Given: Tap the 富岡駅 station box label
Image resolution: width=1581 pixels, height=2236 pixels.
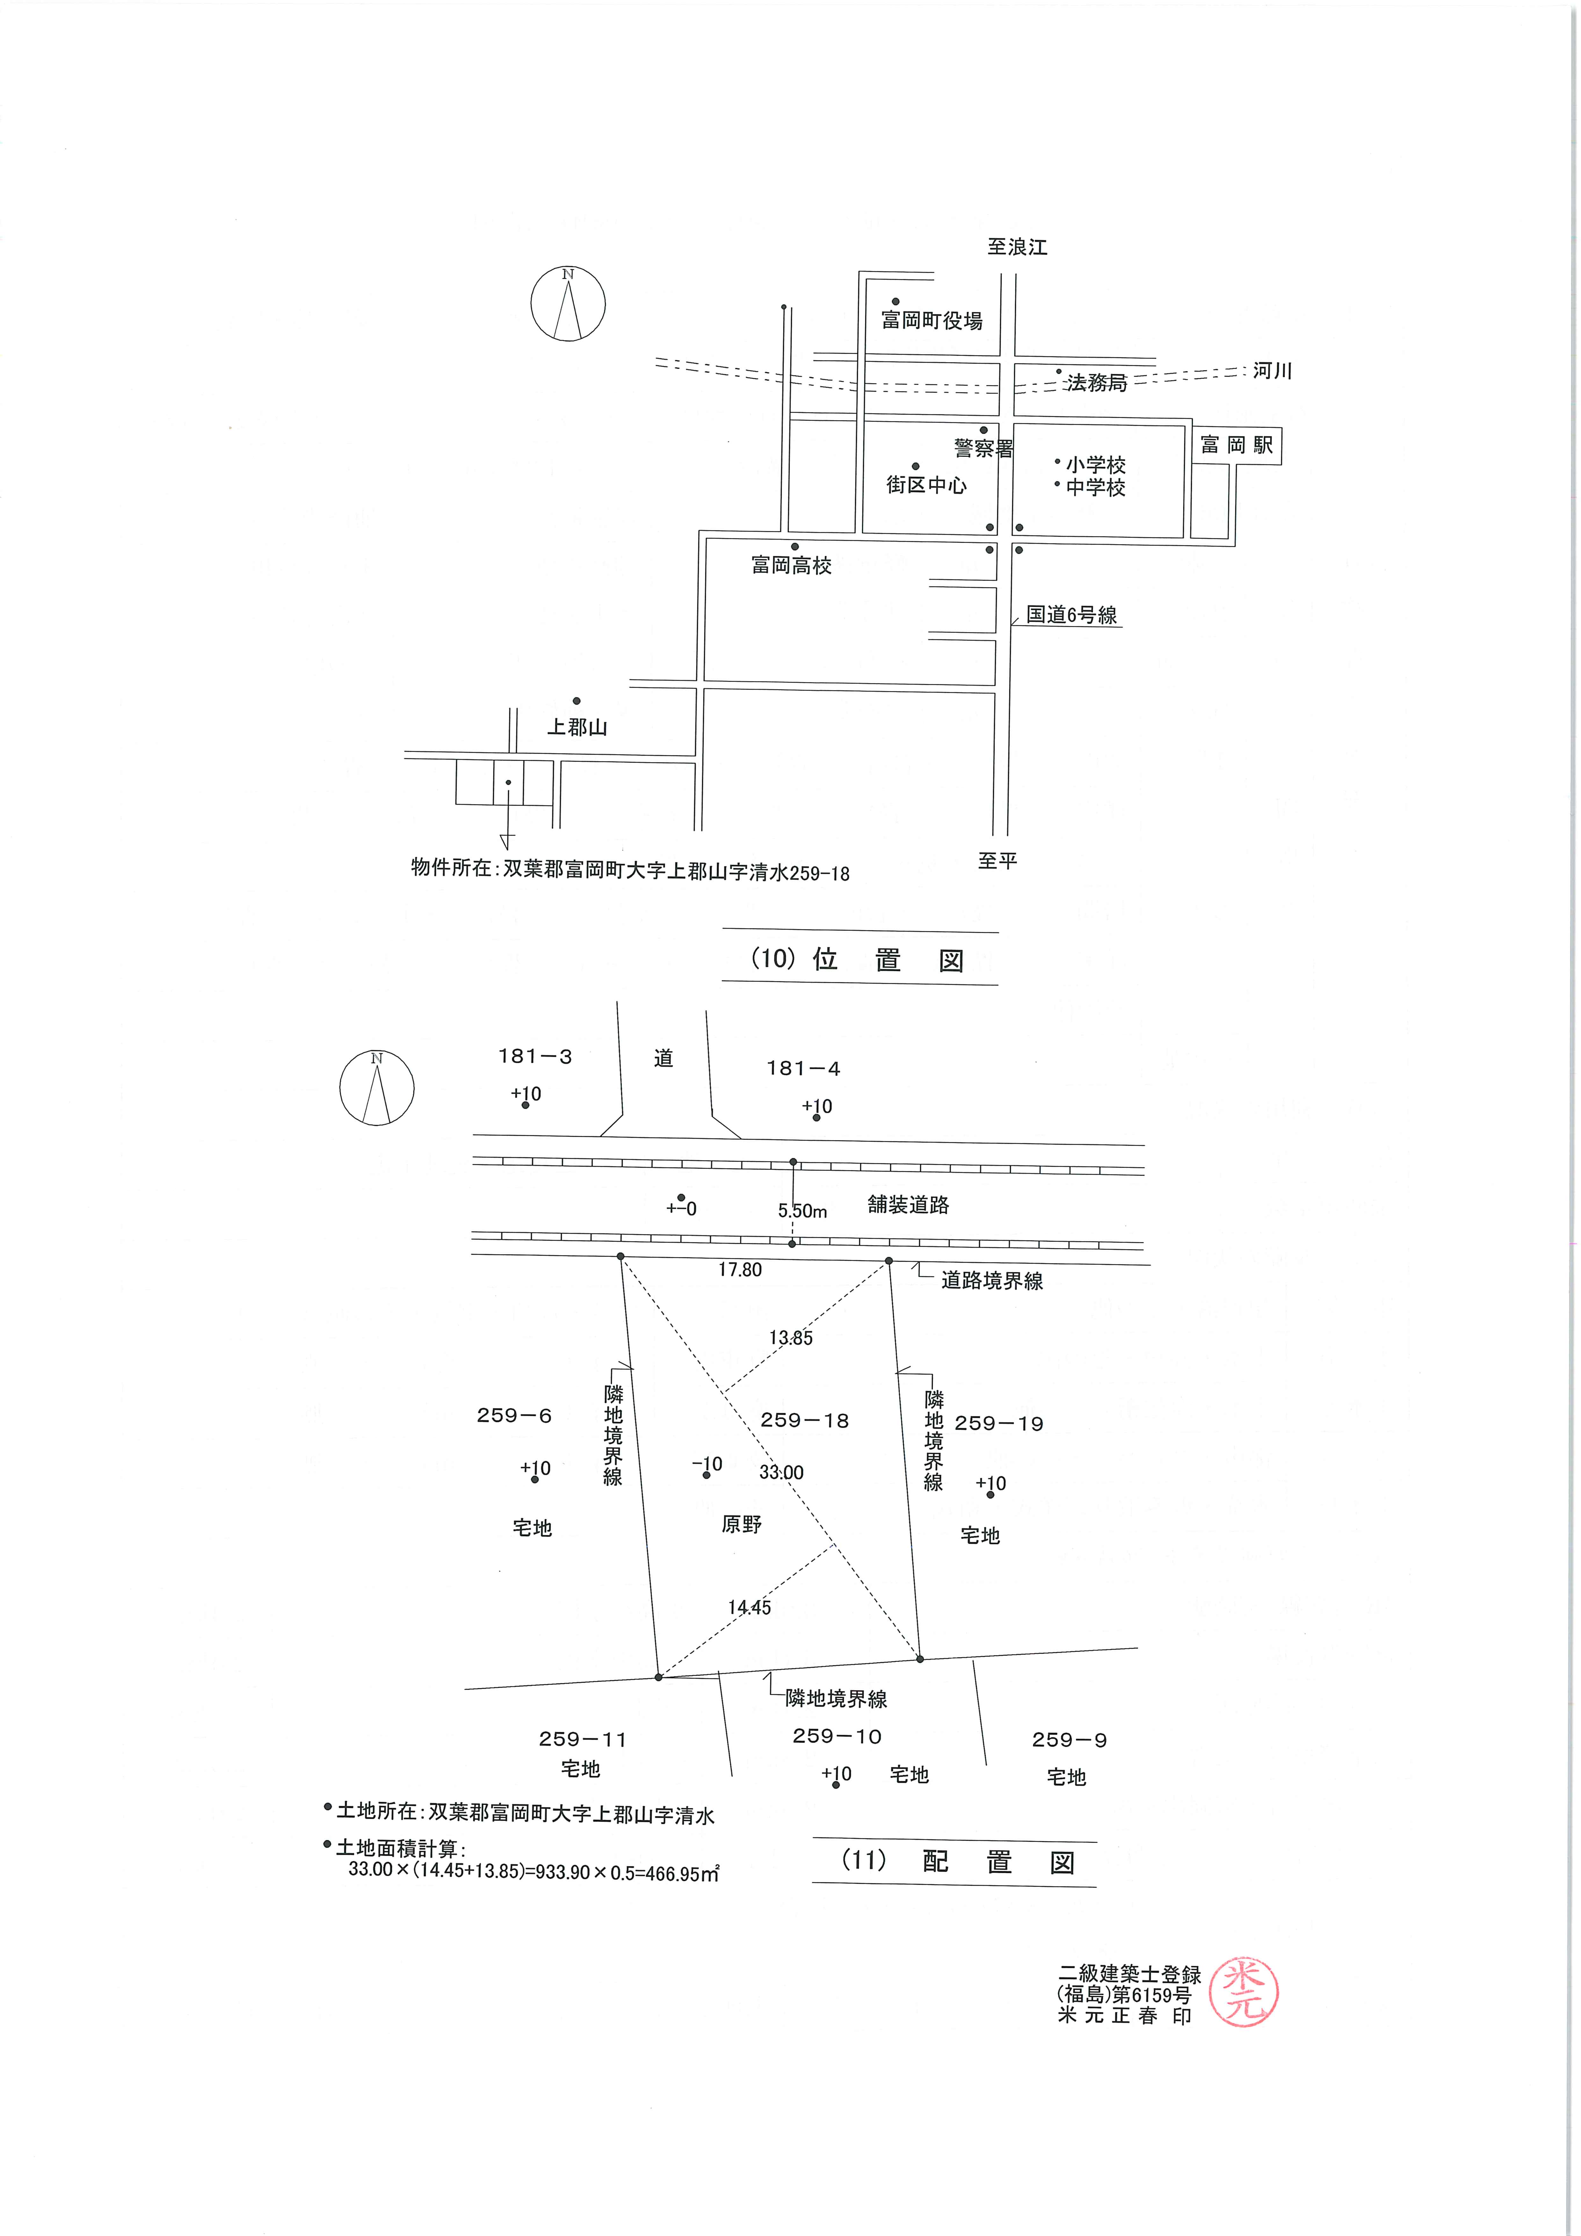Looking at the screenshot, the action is point(1236,446).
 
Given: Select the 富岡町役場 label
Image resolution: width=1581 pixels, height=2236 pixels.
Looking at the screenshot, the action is point(931,320).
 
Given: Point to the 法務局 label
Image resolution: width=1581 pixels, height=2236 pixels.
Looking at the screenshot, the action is point(1096,383).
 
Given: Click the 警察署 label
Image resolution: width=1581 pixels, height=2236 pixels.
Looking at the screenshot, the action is point(984,448).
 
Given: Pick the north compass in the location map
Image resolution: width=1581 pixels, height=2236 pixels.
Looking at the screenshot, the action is point(568,304).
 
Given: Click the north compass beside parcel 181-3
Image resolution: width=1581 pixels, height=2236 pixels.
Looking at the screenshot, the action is point(377,1088).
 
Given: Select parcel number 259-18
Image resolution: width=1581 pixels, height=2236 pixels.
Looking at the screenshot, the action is point(805,1420).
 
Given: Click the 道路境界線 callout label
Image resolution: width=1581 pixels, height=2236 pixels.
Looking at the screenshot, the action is point(992,1281).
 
